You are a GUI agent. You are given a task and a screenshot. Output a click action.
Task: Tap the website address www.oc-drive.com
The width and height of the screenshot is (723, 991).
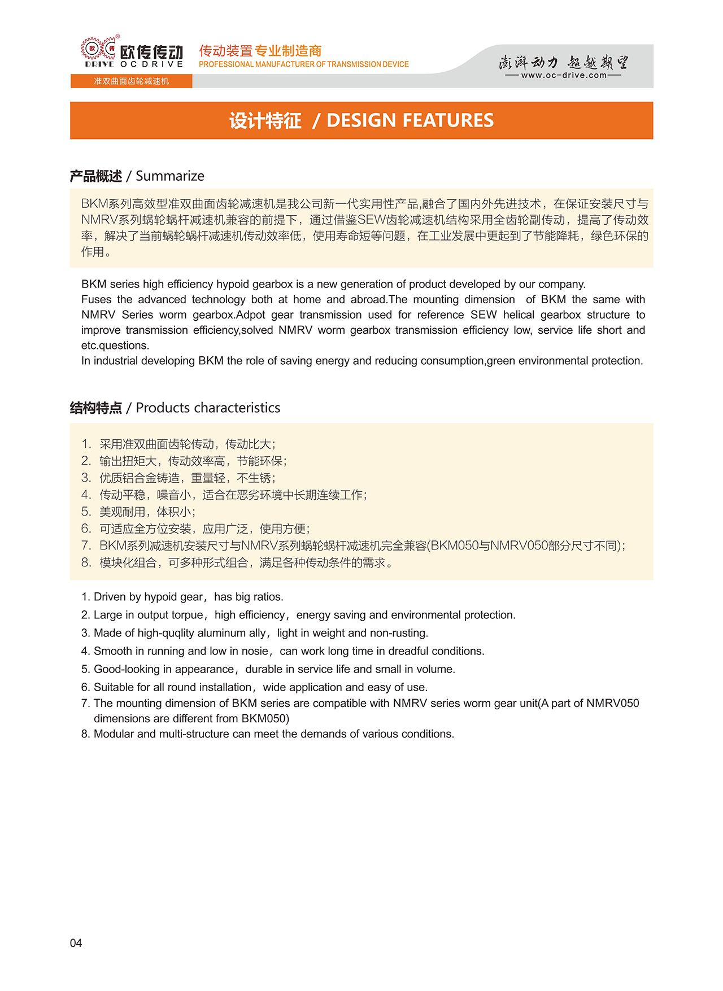pyautogui.click(x=564, y=75)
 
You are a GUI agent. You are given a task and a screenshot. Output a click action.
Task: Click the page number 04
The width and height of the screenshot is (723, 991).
pyautogui.click(x=76, y=942)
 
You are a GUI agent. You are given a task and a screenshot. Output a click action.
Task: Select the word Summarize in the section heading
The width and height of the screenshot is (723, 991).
pyautogui.click(x=170, y=176)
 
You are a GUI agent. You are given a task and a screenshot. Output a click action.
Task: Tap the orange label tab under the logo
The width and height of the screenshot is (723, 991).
pyautogui.click(x=131, y=81)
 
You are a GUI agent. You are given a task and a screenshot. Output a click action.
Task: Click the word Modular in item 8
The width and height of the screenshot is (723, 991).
pyautogui.click(x=114, y=734)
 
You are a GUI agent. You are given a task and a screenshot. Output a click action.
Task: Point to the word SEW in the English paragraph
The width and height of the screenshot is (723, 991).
pyautogui.click(x=484, y=315)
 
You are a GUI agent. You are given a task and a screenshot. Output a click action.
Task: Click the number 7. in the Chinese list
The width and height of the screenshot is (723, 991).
pyautogui.click(x=86, y=545)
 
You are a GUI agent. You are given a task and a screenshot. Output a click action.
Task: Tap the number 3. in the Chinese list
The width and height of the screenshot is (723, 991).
pyautogui.click(x=86, y=478)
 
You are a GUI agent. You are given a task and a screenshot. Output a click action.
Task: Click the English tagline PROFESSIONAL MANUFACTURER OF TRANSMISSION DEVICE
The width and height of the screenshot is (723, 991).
pyautogui.click(x=304, y=64)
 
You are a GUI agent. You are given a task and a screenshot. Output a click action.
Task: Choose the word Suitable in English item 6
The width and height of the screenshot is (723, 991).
pyautogui.click(x=114, y=687)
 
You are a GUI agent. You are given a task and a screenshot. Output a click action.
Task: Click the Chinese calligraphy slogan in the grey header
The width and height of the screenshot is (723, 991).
pyautogui.click(x=564, y=62)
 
